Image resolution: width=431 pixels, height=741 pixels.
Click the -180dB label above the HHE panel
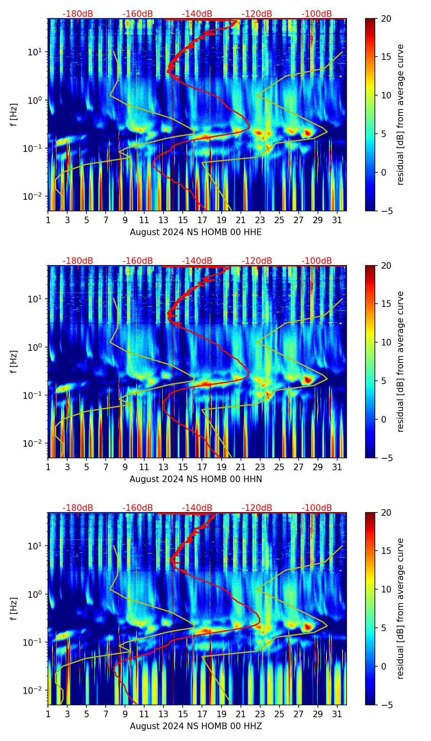pyautogui.click(x=78, y=14)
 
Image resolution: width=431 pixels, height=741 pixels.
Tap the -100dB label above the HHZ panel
pyautogui.click(x=317, y=508)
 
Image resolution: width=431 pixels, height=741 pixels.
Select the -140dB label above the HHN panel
pyautogui.click(x=197, y=261)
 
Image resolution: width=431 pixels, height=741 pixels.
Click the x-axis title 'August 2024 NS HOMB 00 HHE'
pyautogui.click(x=195, y=232)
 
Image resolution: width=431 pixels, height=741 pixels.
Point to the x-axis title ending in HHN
pyautogui.click(x=195, y=479)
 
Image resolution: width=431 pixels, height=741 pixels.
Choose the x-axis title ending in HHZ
pyautogui.click(x=195, y=726)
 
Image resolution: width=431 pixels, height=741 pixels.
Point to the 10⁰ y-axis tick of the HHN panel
pyautogui.click(x=34, y=347)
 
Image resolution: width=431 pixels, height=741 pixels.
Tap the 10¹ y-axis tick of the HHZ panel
pyautogui.click(x=34, y=546)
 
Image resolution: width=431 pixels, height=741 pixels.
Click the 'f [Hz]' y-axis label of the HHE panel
pyautogui.click(x=14, y=115)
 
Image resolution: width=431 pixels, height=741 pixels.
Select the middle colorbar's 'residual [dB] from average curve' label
pyautogui.click(x=401, y=361)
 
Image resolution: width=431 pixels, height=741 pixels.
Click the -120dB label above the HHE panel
pyautogui.click(x=257, y=14)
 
